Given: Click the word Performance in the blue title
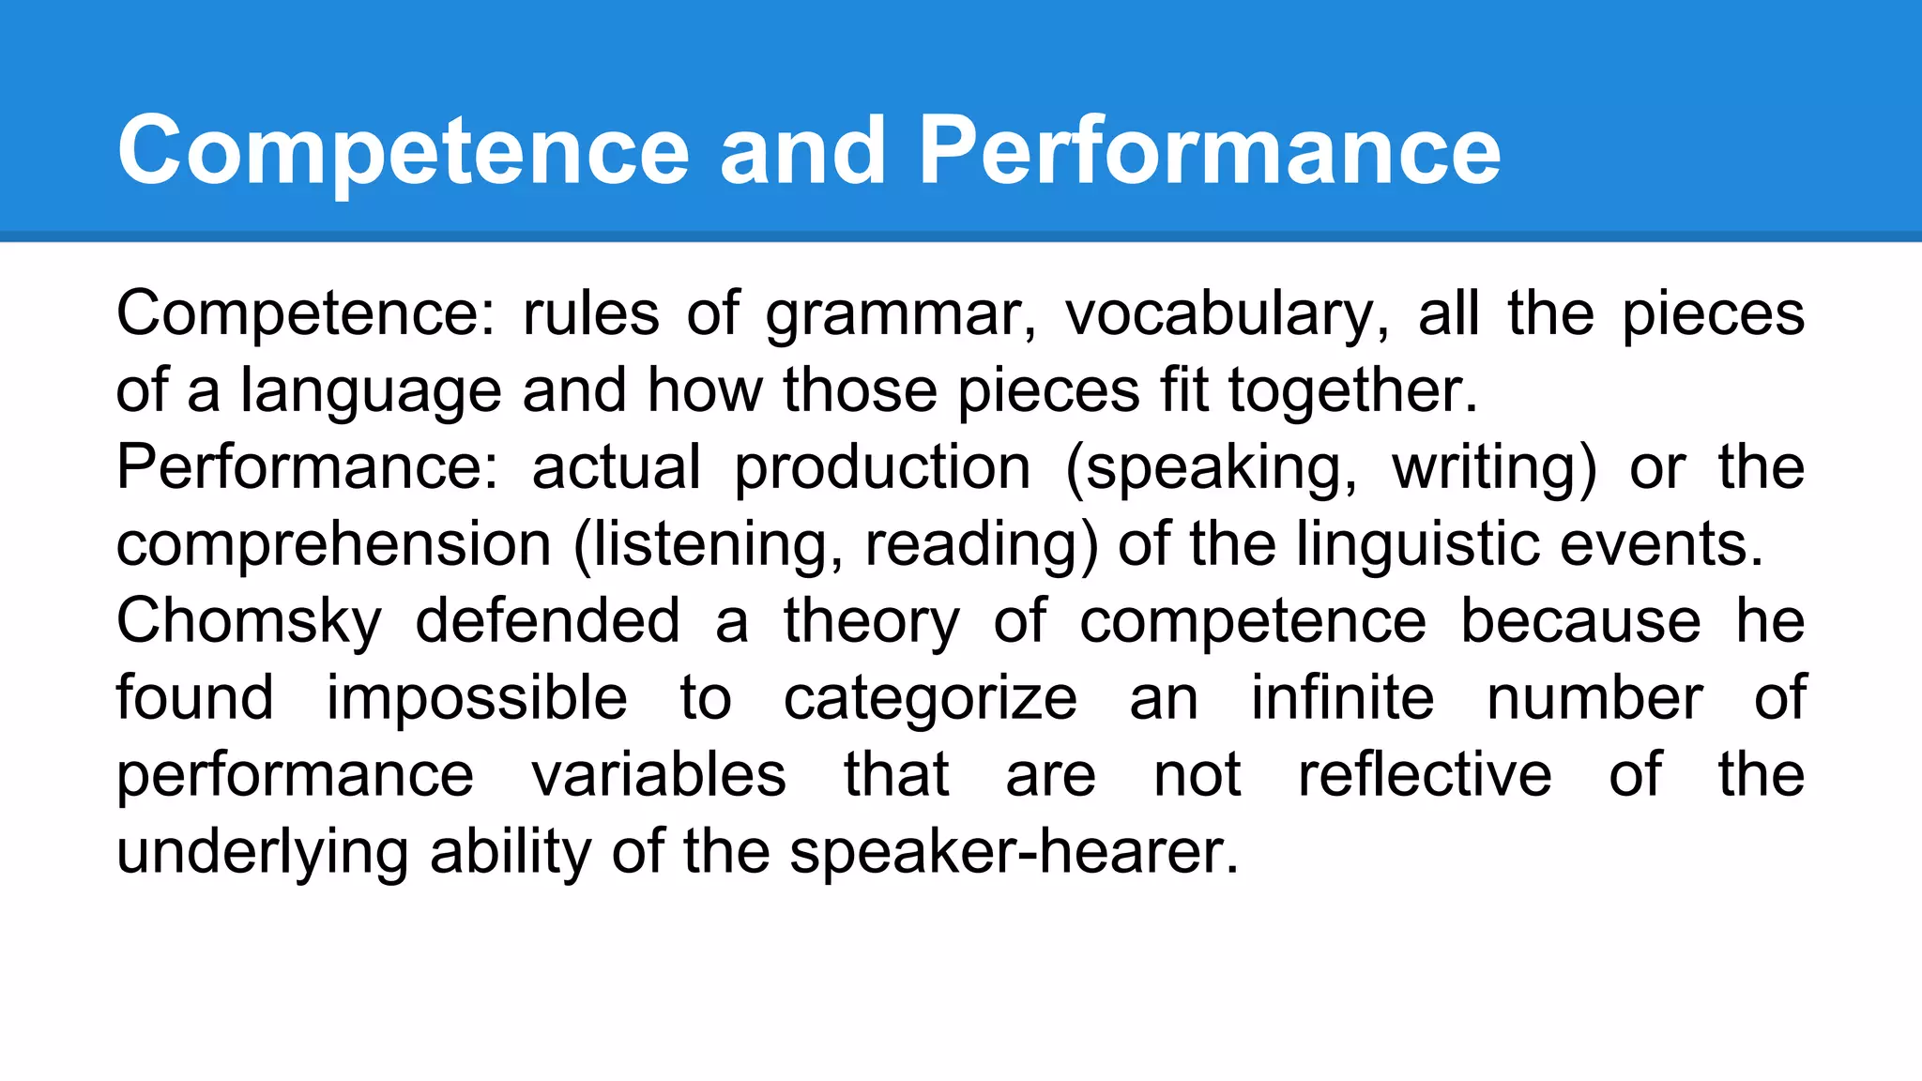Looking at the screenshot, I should click(1210, 150).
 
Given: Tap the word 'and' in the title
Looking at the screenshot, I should click(803, 150).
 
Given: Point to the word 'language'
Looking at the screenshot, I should click(371, 392).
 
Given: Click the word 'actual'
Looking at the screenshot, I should click(617, 467).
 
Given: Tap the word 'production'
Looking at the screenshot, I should click(882, 469).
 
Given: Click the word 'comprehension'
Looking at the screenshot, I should click(334, 546).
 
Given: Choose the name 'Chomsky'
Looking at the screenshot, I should click(250, 623).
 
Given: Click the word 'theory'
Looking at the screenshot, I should click(872, 623).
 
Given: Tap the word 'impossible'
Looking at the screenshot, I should click(477, 700).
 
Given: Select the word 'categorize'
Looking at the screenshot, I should click(930, 700).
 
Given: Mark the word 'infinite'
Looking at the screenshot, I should click(1343, 698).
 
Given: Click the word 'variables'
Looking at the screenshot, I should click(659, 775).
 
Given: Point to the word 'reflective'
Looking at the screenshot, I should click(1425, 775).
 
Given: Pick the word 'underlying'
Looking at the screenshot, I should click(262, 854).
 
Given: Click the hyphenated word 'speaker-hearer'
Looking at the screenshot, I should click(1014, 854).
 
